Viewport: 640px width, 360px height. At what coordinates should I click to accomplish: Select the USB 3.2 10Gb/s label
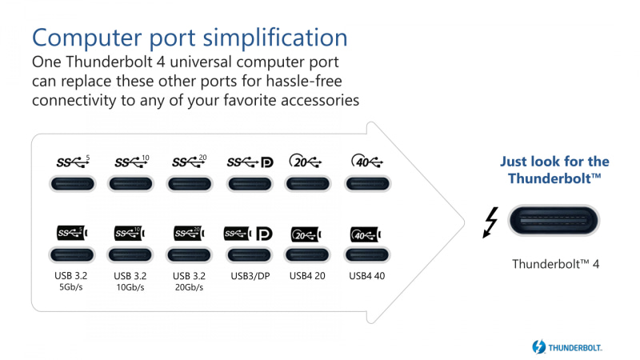pyautogui.click(x=131, y=282)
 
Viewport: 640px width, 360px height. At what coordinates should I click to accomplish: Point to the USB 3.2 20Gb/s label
pyautogui.click(x=190, y=282)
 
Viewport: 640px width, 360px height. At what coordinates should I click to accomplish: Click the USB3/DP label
pyautogui.click(x=250, y=277)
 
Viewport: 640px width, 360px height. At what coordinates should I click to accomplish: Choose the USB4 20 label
pyautogui.click(x=308, y=277)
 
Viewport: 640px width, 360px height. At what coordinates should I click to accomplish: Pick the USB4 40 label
pyautogui.click(x=367, y=277)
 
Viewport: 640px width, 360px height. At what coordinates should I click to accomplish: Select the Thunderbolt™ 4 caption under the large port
pyautogui.click(x=555, y=262)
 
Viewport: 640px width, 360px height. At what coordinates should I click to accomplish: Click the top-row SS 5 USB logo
pyautogui.click(x=73, y=162)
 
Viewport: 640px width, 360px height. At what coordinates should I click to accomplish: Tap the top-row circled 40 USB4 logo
pyautogui.click(x=367, y=162)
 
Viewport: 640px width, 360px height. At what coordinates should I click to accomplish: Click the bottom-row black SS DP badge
pyautogui.click(x=250, y=234)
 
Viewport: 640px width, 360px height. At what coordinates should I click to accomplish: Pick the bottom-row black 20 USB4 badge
pyautogui.click(x=308, y=234)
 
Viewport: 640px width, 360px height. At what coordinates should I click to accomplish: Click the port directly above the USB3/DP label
pyautogui.click(x=250, y=255)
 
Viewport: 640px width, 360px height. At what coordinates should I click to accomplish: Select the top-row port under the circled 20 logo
pyautogui.click(x=308, y=183)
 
